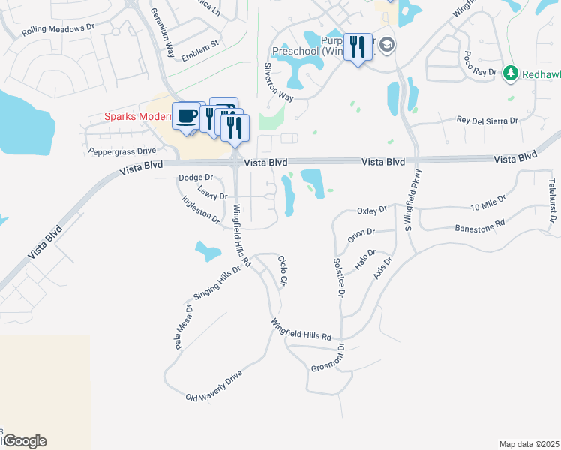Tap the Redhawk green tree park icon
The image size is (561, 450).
(511, 73)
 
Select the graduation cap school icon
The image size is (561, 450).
(387, 45)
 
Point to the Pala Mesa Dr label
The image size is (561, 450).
(183, 327)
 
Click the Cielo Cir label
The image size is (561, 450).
(283, 271)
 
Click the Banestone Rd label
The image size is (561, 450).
(480, 226)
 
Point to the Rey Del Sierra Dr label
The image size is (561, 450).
(487, 121)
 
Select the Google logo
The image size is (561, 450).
(24, 441)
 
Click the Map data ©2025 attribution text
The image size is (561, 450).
(529, 444)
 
